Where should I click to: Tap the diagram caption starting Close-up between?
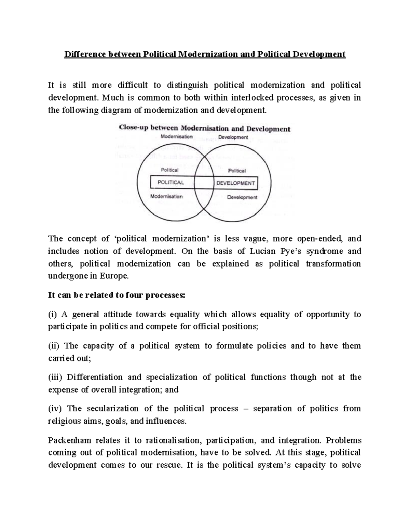point(204,129)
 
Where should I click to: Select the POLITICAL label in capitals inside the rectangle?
point(170,183)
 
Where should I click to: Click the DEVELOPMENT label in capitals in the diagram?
point(236,183)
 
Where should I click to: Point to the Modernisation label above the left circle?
point(177,136)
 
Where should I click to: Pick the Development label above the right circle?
point(233,137)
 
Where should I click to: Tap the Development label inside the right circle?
point(242,197)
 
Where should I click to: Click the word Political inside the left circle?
point(169,170)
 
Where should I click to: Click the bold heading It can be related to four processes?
point(117,295)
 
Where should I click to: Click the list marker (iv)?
point(55,409)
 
